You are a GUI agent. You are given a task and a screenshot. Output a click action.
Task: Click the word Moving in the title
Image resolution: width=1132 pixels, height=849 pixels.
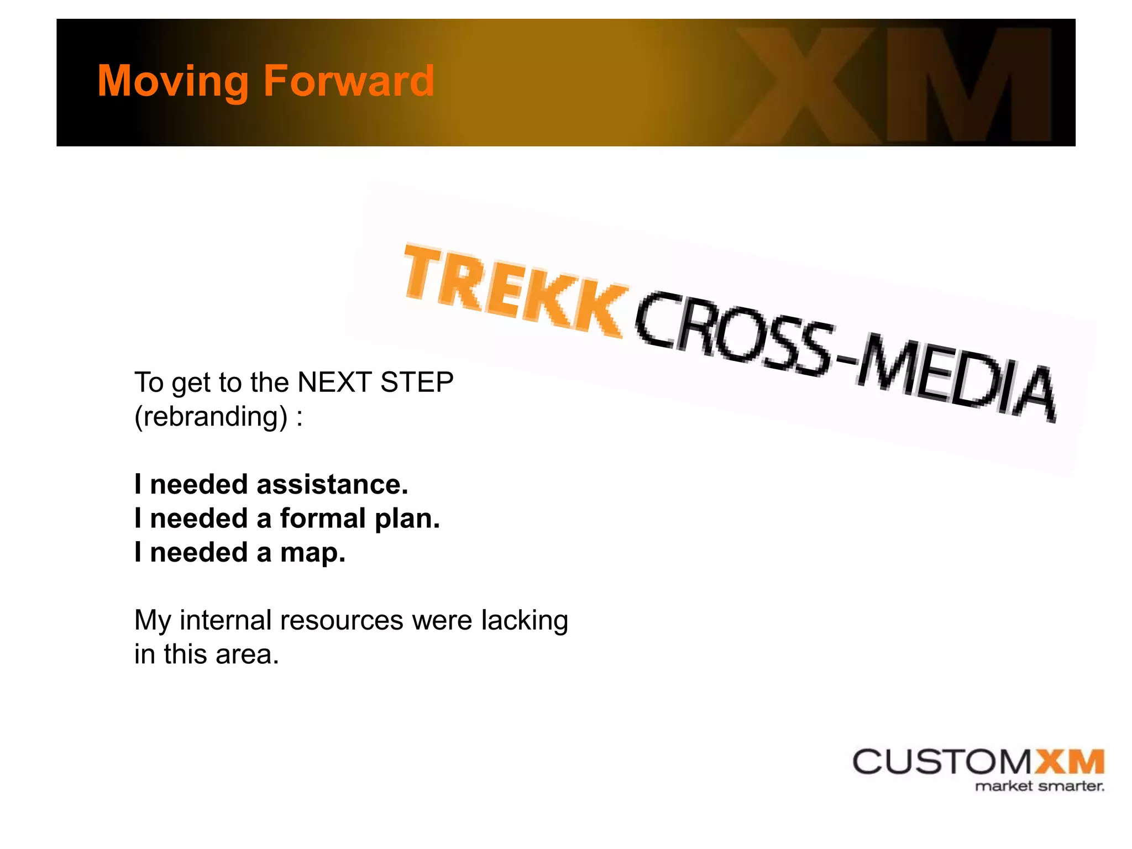point(173,81)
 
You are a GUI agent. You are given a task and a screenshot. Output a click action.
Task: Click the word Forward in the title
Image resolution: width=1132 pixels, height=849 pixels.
point(349,81)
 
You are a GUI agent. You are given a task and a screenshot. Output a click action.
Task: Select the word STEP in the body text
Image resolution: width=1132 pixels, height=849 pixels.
point(417,382)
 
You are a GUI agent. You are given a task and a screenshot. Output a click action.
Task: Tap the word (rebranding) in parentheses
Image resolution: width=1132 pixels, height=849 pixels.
point(211,416)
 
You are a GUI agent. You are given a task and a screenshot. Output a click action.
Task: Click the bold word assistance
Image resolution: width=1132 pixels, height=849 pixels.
point(332,484)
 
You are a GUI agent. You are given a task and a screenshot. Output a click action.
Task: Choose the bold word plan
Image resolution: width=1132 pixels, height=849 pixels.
point(407,520)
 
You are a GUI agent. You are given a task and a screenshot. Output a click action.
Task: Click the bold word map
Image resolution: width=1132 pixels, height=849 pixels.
point(312,553)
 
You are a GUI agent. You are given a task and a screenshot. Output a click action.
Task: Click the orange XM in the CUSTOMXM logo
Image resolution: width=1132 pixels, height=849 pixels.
point(1069,762)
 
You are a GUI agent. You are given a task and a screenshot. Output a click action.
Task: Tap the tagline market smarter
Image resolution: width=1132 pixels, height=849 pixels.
point(1039,786)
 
